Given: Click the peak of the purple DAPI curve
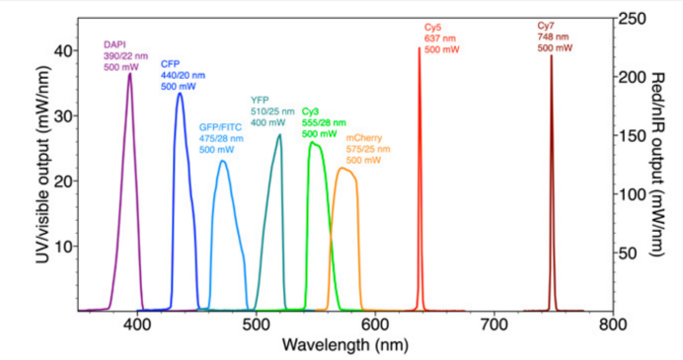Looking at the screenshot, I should [x=129, y=74].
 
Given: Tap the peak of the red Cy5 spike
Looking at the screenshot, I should [x=418, y=47].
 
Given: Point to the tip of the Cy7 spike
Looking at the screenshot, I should [x=551, y=56].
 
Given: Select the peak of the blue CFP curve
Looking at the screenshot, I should [x=180, y=94].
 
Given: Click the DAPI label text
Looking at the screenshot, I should [x=114, y=44].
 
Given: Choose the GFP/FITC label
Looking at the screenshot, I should [x=221, y=127].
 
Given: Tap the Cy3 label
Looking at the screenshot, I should [x=310, y=111].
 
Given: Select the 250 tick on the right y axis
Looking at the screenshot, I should [x=632, y=18].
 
